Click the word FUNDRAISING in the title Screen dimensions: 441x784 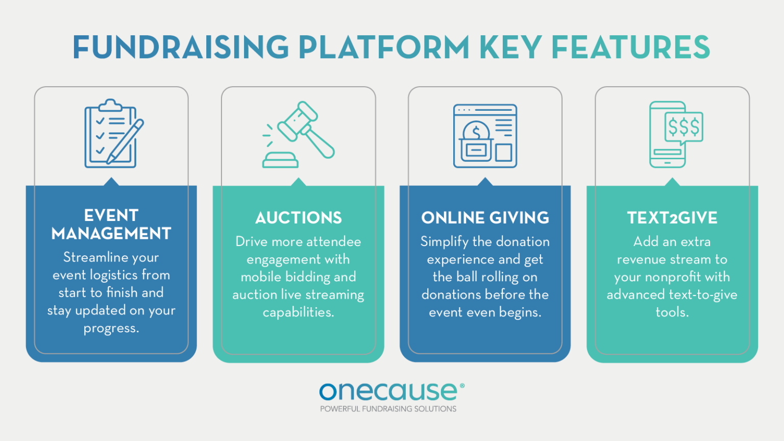181,47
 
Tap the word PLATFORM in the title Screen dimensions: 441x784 383,47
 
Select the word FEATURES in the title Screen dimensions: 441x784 630,47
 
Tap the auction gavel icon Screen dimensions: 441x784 299,135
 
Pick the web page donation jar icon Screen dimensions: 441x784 485,136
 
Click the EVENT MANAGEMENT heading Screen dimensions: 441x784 111,224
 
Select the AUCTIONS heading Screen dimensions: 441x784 299,218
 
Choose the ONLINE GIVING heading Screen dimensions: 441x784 485,218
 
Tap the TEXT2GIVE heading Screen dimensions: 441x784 672,218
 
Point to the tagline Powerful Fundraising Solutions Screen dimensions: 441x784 388,409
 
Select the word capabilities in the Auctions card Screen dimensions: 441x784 299,312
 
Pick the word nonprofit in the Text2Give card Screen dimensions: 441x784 673,277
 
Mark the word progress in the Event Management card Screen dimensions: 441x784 111,328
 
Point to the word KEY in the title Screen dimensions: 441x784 510,47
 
